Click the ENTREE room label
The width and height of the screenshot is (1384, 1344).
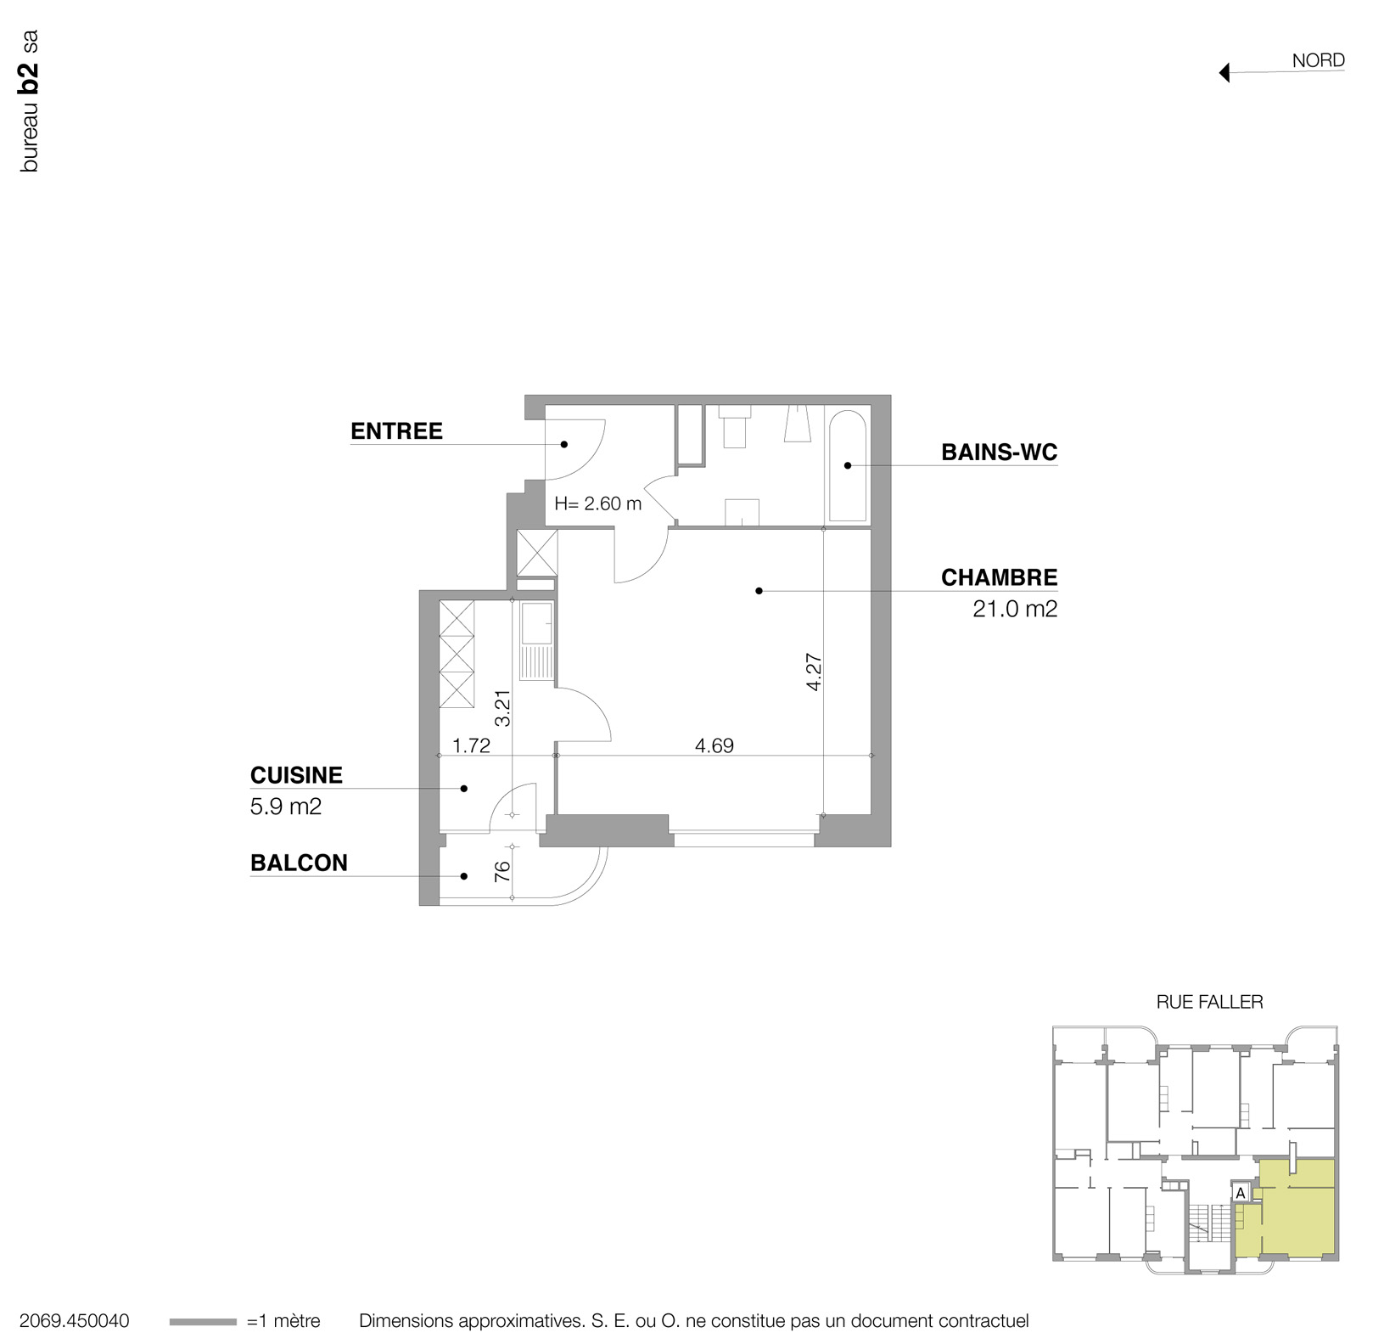(x=396, y=430)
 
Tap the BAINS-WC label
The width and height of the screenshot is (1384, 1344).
(x=999, y=453)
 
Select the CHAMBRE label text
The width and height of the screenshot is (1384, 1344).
(x=999, y=577)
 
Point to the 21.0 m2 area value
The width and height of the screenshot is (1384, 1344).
(x=1015, y=609)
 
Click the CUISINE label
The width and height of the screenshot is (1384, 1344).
(x=296, y=774)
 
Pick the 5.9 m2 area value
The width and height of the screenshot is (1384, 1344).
(x=286, y=806)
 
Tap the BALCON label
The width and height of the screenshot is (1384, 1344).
(x=299, y=863)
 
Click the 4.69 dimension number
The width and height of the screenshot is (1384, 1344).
(x=714, y=745)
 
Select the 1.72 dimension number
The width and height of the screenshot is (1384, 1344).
(x=471, y=745)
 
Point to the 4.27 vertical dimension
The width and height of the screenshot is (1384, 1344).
(x=814, y=672)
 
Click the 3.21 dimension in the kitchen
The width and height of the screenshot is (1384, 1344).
(x=502, y=706)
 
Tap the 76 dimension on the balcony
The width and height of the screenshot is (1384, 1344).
(x=502, y=870)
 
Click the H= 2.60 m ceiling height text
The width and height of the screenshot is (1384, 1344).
(x=597, y=503)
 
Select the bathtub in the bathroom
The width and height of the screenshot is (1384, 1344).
(x=847, y=465)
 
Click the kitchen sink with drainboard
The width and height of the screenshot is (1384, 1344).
(x=536, y=641)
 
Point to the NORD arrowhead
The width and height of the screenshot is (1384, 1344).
(x=1224, y=73)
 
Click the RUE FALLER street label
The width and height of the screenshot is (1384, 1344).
(x=1209, y=1002)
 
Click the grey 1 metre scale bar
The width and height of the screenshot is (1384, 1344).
(x=203, y=1322)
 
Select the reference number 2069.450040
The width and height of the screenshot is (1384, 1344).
(x=74, y=1321)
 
